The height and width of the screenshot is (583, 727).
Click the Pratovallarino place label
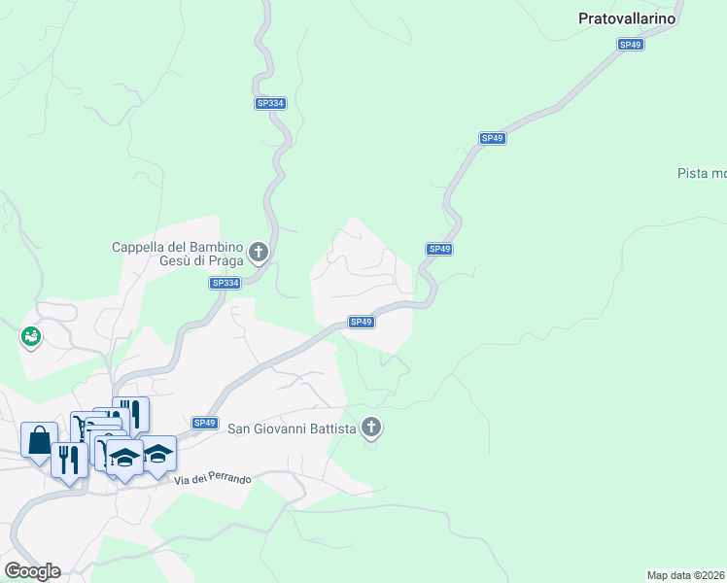tap(626, 17)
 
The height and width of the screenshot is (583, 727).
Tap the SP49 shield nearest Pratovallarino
tap(631, 45)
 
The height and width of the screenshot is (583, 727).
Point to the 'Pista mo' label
tap(702, 173)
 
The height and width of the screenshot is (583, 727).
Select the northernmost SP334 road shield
tap(270, 103)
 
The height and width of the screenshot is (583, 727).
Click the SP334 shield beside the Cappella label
tap(225, 283)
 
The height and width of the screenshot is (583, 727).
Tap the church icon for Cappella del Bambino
tap(259, 253)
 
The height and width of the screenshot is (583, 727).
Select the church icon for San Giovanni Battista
tap(371, 427)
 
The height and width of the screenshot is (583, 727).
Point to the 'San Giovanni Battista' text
tap(291, 427)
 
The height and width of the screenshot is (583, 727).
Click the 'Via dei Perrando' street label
tap(214, 480)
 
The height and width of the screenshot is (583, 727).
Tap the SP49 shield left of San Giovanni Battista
tap(204, 423)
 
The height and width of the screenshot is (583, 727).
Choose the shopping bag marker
tap(39, 440)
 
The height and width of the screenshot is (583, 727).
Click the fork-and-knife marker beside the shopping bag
tap(68, 459)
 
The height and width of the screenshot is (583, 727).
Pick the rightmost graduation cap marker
tap(157, 453)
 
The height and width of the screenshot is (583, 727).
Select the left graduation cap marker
tap(124, 456)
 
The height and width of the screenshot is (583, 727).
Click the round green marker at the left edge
tap(30, 337)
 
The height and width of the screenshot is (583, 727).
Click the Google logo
tap(32, 570)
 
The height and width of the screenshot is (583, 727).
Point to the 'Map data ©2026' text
tap(685, 575)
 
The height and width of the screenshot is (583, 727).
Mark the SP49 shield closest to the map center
tap(361, 322)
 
